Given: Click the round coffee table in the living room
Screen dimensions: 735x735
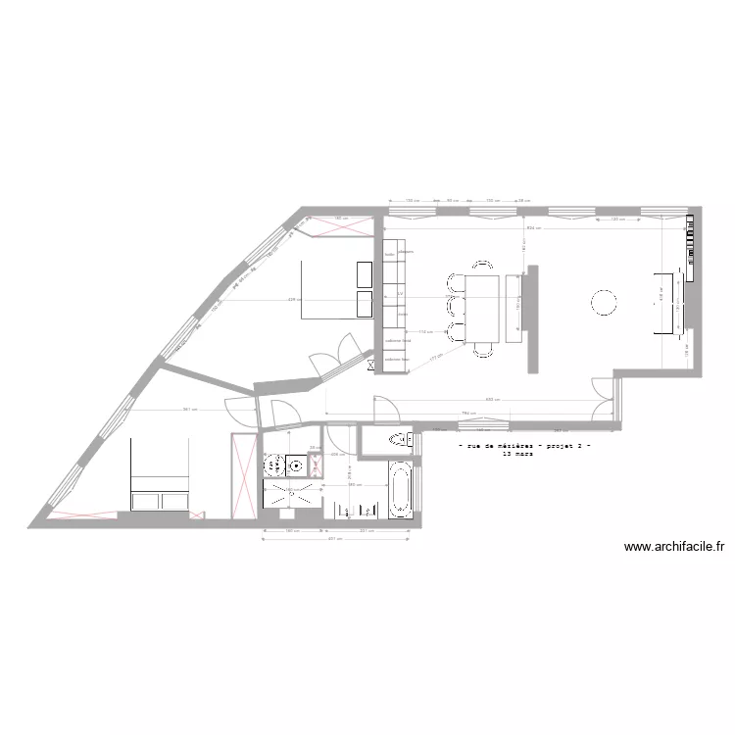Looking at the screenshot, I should [603, 304].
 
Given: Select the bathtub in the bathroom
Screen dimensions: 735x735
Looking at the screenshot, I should [399, 490].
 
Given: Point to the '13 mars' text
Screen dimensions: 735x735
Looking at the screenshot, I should [514, 455].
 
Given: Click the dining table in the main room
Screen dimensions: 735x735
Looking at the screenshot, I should [483, 308].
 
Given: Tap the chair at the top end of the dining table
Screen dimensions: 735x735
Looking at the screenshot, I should [483, 265].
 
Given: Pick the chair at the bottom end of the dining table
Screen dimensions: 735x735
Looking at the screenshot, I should [483, 350].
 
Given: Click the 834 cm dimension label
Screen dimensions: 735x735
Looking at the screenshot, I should [532, 227].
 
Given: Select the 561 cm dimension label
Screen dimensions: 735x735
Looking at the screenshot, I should [190, 410].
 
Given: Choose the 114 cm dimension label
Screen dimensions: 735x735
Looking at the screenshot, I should [425, 332].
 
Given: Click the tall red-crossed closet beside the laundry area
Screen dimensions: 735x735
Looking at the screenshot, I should [241, 474].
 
